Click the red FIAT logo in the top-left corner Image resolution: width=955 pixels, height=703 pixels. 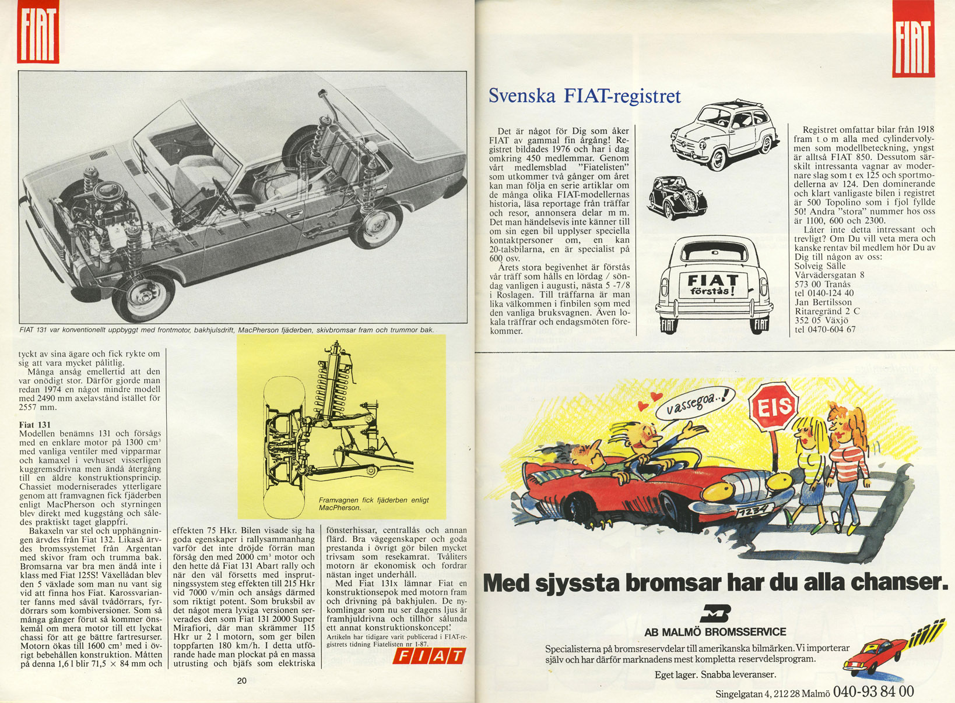coord(38,32)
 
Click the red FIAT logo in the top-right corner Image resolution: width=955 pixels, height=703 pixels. coord(913,39)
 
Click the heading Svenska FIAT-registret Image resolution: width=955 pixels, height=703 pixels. coord(584,96)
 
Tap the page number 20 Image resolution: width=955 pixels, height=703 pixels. coord(242,681)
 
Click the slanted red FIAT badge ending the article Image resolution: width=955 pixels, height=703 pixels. coord(429,656)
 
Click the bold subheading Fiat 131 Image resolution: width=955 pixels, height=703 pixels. coord(35,425)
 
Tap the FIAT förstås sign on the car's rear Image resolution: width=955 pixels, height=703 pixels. coord(712,284)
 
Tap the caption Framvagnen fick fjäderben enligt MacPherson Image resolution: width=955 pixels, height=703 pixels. coord(373,504)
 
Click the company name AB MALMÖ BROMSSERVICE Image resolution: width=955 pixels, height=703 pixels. coord(715,632)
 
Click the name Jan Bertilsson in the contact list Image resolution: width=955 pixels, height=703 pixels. coord(823,302)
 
